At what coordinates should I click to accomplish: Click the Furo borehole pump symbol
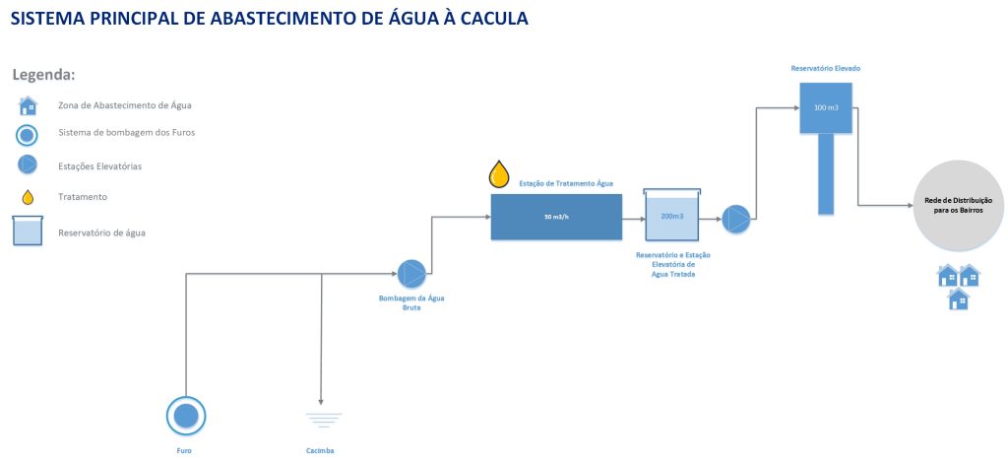186,417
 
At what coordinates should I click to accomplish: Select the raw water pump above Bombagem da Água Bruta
411,274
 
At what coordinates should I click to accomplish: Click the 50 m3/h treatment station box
556,217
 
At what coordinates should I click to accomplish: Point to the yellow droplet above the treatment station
500,174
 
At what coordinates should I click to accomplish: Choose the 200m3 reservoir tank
672,216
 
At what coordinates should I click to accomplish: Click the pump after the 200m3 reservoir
735,219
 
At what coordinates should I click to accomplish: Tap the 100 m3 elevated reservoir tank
825,106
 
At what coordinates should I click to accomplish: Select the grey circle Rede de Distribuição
957,205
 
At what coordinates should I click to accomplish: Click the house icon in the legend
29,105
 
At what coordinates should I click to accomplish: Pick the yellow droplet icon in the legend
29,197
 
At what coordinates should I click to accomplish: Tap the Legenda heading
43,75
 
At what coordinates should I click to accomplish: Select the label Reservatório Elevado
825,68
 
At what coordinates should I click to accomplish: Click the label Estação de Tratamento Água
566,183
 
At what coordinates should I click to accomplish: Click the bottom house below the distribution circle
958,299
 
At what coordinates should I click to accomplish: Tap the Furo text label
185,450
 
